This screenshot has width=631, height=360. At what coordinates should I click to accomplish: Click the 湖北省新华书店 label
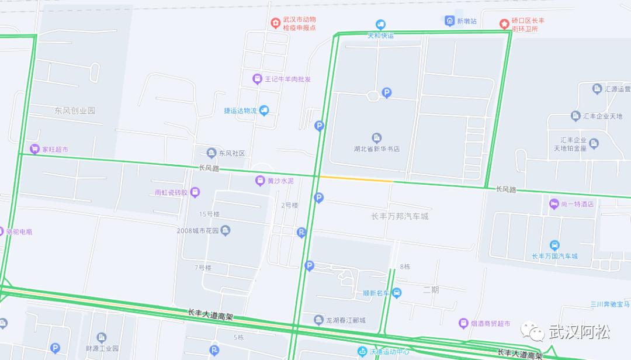pyautogui.click(x=377, y=149)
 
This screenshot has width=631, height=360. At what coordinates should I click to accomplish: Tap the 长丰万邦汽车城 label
pyautogui.click(x=400, y=216)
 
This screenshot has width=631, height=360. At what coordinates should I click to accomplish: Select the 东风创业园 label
pyautogui.click(x=75, y=110)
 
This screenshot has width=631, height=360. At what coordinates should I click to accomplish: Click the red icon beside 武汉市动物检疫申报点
pyautogui.click(x=275, y=23)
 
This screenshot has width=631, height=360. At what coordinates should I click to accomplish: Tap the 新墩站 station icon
pyautogui.click(x=449, y=20)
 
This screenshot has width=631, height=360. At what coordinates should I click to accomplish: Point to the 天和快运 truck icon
pyautogui.click(x=381, y=25)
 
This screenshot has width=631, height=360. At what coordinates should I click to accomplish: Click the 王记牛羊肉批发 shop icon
pyautogui.click(x=256, y=79)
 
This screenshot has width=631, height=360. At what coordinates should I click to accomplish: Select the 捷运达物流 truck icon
pyautogui.click(x=264, y=110)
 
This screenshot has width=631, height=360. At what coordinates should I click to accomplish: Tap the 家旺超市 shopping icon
pyautogui.click(x=35, y=149)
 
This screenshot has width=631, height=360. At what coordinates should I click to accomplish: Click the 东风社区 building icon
pyautogui.click(x=212, y=153)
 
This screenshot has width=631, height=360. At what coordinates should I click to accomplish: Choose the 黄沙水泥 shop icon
pyautogui.click(x=260, y=181)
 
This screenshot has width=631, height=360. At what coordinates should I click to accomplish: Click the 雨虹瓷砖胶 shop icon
pyautogui.click(x=195, y=192)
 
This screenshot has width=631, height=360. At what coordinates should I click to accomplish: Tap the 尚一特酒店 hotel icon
pyautogui.click(x=554, y=204)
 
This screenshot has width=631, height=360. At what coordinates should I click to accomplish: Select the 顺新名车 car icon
pyautogui.click(x=397, y=293)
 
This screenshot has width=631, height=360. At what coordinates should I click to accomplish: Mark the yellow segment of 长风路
pyautogui.click(x=356, y=179)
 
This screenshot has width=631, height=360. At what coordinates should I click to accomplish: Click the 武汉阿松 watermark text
pyautogui.click(x=579, y=333)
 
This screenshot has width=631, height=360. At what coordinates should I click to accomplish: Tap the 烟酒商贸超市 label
pyautogui.click(x=491, y=323)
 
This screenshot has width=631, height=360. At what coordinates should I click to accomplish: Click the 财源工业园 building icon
pyautogui.click(x=102, y=337)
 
